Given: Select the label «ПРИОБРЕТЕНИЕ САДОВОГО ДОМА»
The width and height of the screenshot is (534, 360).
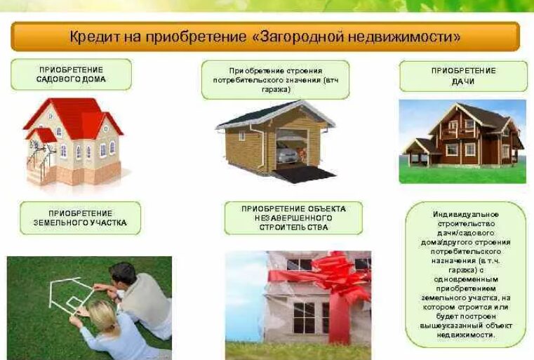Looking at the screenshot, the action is pyautogui.click(x=71, y=74).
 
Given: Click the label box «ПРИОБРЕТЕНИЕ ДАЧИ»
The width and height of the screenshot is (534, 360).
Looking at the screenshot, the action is pyautogui.click(x=463, y=76).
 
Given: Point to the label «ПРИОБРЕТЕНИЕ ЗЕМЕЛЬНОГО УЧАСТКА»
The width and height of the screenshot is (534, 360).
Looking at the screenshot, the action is pyautogui.click(x=81, y=218).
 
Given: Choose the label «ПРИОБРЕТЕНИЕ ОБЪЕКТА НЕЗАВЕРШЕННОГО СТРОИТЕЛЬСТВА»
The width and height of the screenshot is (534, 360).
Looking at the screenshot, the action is pyautogui.click(x=293, y=218).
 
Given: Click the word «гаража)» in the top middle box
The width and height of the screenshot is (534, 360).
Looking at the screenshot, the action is pyautogui.click(x=276, y=90).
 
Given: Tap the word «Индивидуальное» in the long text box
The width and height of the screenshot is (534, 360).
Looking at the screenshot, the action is pyautogui.click(x=465, y=215).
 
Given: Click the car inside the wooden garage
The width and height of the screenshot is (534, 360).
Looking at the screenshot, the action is pyautogui.click(x=287, y=152).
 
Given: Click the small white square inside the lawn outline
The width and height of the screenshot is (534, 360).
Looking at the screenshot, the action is pyautogui.click(x=72, y=302).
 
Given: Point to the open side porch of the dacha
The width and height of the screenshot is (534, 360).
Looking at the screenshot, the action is pyautogui.click(x=420, y=153).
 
